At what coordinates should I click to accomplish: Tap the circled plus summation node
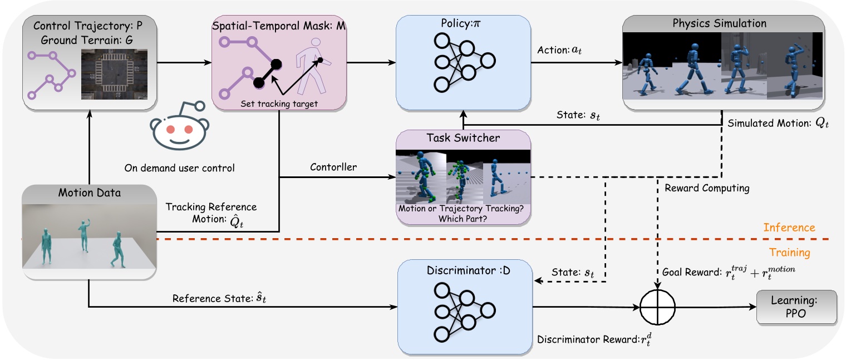[657, 307]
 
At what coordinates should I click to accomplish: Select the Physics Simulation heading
[722, 23]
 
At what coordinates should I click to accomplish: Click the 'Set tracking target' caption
[278, 103]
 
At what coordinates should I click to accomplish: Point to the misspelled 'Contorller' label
[333, 166]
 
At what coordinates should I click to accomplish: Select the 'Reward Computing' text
[707, 188]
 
